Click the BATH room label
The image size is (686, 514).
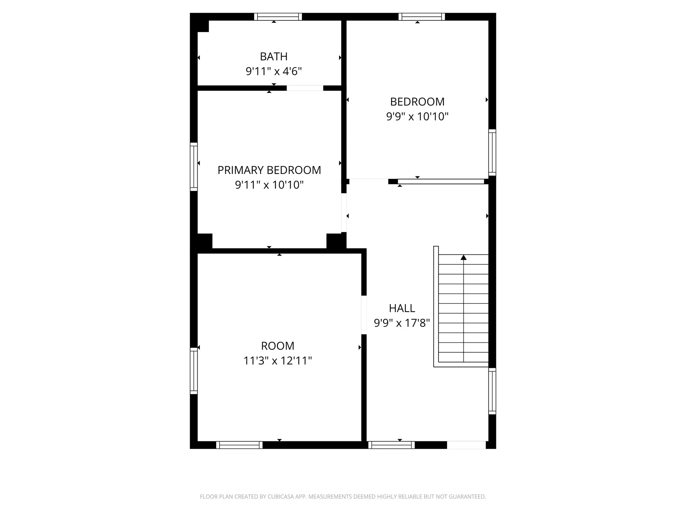coord(274,56)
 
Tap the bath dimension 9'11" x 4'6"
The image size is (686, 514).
coord(274,71)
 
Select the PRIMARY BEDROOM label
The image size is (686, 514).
coord(269,170)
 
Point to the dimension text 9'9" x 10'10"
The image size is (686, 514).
coord(417,116)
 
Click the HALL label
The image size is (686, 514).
coord(402,308)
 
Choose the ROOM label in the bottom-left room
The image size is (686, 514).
coord(278,346)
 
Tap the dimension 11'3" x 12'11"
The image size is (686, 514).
coord(278,361)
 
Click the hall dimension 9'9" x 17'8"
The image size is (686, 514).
coord(402,323)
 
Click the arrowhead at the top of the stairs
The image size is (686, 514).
coord(463,257)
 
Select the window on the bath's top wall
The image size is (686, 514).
coord(278,17)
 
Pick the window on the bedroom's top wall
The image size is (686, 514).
coord(422,17)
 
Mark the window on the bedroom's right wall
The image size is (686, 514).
coord(492,152)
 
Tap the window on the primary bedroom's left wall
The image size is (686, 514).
coord(194,167)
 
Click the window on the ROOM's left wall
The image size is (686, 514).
coord(194,371)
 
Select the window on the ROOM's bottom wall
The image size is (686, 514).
coord(239,445)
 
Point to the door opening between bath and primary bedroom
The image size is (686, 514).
coord(305,88)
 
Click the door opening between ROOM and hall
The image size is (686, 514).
coord(364,315)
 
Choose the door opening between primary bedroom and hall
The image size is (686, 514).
coord(344,213)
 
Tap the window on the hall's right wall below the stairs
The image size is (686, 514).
coord(492,391)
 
